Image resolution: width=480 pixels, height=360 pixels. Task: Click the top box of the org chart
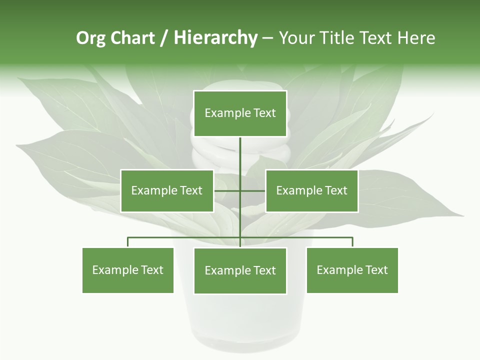[240, 113]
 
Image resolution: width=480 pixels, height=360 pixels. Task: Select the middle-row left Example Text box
[167, 190]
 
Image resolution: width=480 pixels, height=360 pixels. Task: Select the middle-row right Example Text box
[311, 190]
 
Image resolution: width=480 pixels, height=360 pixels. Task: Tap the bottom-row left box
[128, 270]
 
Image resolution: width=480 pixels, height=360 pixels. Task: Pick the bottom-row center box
[240, 270]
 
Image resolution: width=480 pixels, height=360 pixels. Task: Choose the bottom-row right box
[352, 270]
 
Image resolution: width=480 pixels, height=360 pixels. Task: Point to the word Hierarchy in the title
[215, 38]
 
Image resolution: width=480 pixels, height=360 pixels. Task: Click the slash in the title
[164, 38]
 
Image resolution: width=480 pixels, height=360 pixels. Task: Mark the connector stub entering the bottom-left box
[128, 242]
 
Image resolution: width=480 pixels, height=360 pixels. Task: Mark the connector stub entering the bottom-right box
[352, 242]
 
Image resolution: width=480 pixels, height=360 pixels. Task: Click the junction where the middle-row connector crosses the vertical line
[240, 190]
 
